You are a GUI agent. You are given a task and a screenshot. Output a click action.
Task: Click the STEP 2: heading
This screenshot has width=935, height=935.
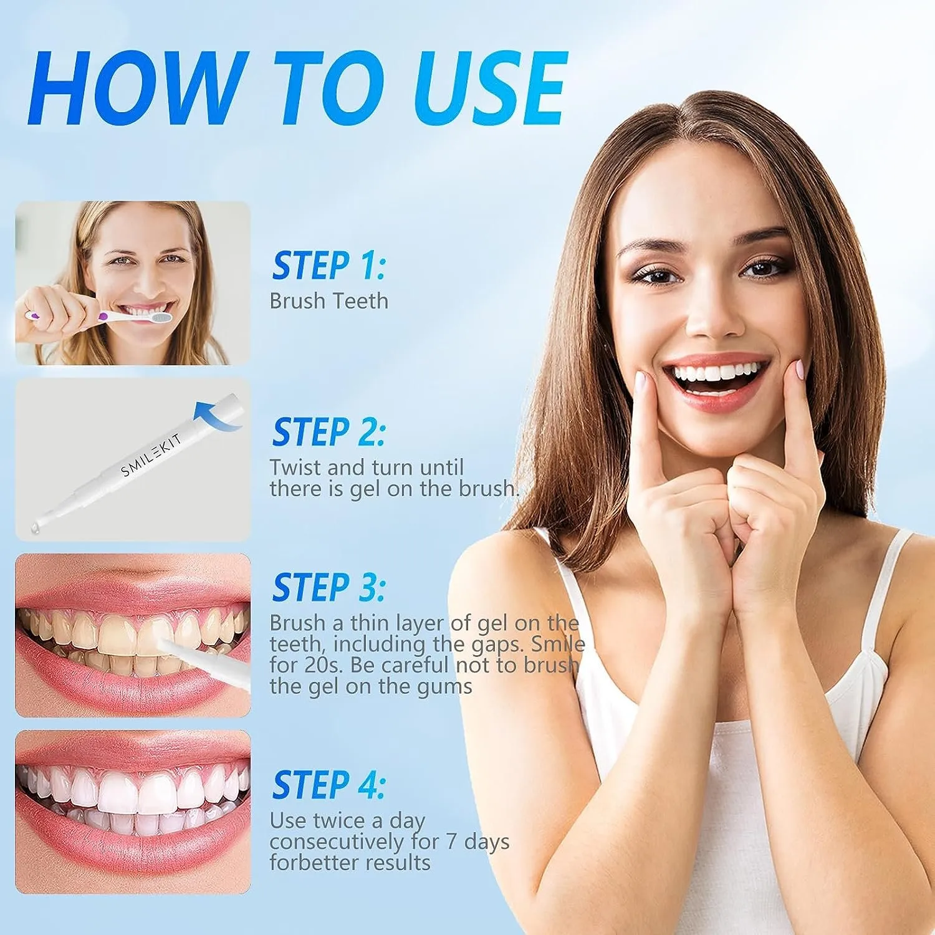click(328, 432)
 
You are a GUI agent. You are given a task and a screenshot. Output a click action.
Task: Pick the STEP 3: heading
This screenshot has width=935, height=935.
click(328, 587)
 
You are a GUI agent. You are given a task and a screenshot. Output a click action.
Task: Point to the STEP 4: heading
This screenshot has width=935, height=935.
click(328, 785)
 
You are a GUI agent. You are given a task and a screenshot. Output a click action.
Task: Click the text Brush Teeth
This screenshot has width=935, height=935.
click(328, 301)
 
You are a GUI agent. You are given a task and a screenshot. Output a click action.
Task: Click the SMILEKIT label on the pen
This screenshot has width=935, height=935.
click(151, 455)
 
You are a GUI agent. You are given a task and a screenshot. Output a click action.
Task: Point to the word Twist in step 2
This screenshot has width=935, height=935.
click(295, 467)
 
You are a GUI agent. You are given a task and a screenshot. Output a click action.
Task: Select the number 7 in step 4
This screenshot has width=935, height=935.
click(452, 841)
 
